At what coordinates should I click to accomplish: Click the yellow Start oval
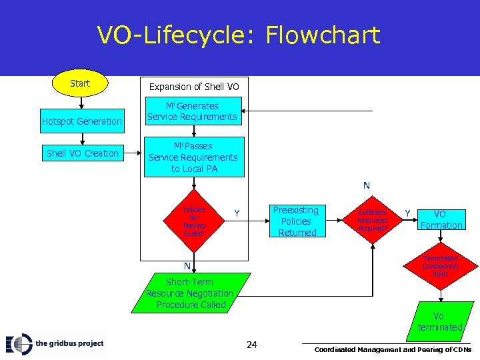[80, 83]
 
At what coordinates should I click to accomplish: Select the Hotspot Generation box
[82, 121]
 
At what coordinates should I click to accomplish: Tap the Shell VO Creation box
[82, 153]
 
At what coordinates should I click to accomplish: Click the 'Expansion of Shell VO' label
[193, 87]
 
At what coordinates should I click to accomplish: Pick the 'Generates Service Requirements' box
[192, 111]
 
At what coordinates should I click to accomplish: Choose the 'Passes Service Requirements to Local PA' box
[193, 157]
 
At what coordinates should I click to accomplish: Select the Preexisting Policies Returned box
[297, 221]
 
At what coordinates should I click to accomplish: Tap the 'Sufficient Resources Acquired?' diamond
[372, 220]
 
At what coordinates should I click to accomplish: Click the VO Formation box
[441, 220]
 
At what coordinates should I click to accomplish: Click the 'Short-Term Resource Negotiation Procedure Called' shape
[190, 293]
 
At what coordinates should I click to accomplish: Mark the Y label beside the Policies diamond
[236, 214]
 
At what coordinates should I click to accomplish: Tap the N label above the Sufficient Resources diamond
[366, 185]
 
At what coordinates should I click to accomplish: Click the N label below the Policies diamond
[187, 266]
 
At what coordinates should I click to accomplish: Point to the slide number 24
[251, 344]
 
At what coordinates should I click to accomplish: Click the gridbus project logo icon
[19, 343]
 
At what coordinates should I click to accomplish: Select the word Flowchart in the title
[323, 35]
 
